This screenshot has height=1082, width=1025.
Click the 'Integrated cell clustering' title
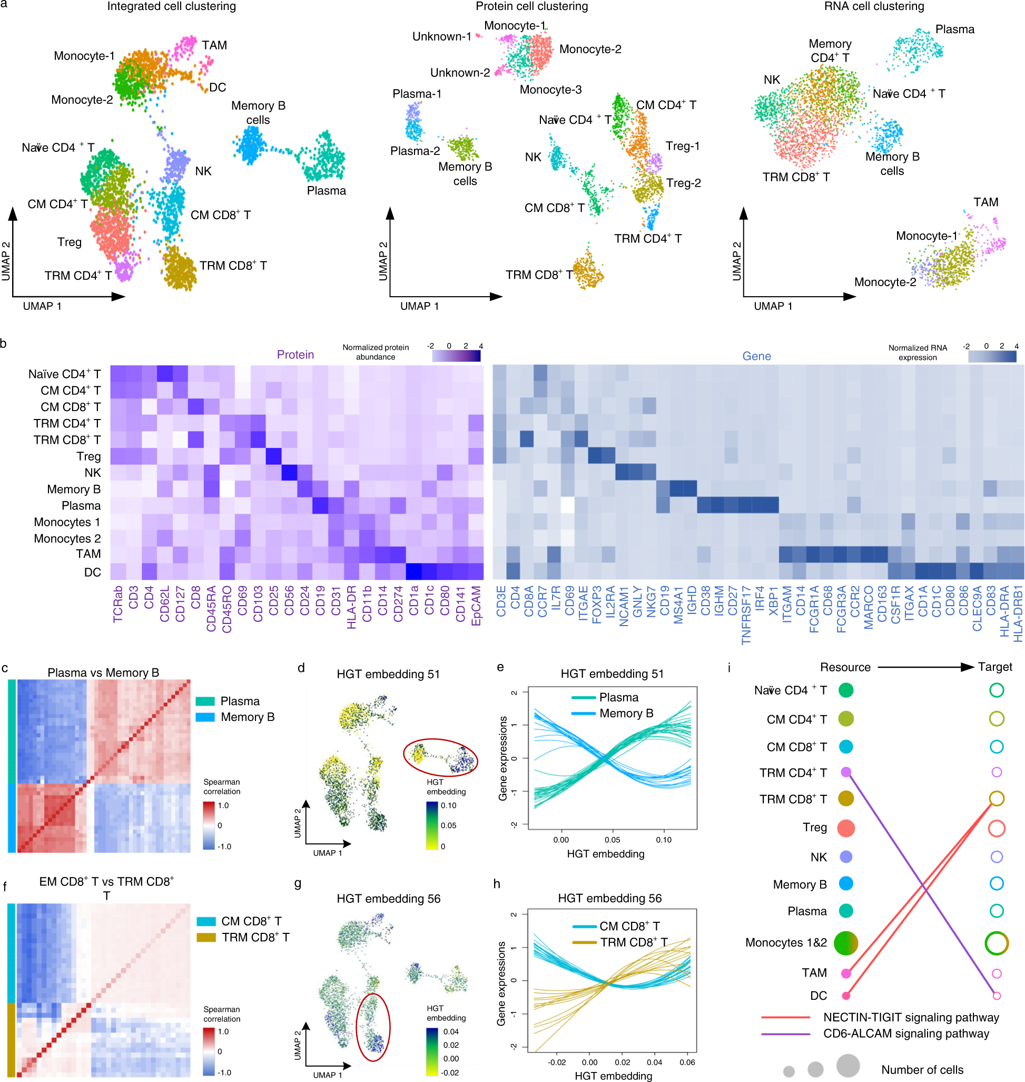(x=172, y=6)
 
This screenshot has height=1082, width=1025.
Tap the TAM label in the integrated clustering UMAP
(x=214, y=45)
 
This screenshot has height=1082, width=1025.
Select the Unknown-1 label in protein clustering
(x=441, y=37)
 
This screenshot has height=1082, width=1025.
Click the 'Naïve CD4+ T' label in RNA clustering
(x=909, y=93)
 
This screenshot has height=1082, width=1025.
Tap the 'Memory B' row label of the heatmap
(x=74, y=489)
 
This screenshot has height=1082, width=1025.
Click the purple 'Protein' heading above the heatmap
(x=295, y=355)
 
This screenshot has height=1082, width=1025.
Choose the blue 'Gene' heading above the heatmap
(x=756, y=356)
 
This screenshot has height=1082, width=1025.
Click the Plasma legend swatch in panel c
(x=205, y=701)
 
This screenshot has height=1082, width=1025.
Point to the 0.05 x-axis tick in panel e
(x=612, y=840)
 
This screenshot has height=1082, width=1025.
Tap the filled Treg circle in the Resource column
(x=846, y=828)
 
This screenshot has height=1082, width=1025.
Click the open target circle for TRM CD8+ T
(x=997, y=799)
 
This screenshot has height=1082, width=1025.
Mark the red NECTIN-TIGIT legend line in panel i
(x=786, y=1018)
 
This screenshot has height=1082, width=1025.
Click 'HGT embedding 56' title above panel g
(x=389, y=899)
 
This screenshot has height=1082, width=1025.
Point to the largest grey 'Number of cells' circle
(x=848, y=1066)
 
